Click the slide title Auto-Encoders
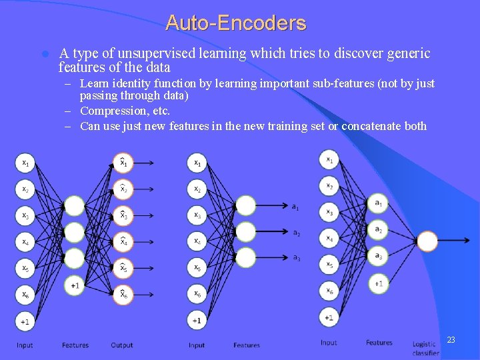[x=236, y=23]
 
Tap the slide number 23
[x=451, y=340]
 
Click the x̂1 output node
[x=123, y=162]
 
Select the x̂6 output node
[x=123, y=294]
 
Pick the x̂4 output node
[x=123, y=241]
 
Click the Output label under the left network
[x=122, y=345]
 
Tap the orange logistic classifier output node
[x=427, y=241]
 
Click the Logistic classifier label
[x=425, y=349]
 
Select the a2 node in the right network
[x=378, y=229]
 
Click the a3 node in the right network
[x=378, y=255]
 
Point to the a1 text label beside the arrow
[x=295, y=207]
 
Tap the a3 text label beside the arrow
[x=297, y=257]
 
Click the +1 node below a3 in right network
[x=378, y=283]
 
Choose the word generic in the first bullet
[x=406, y=53]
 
